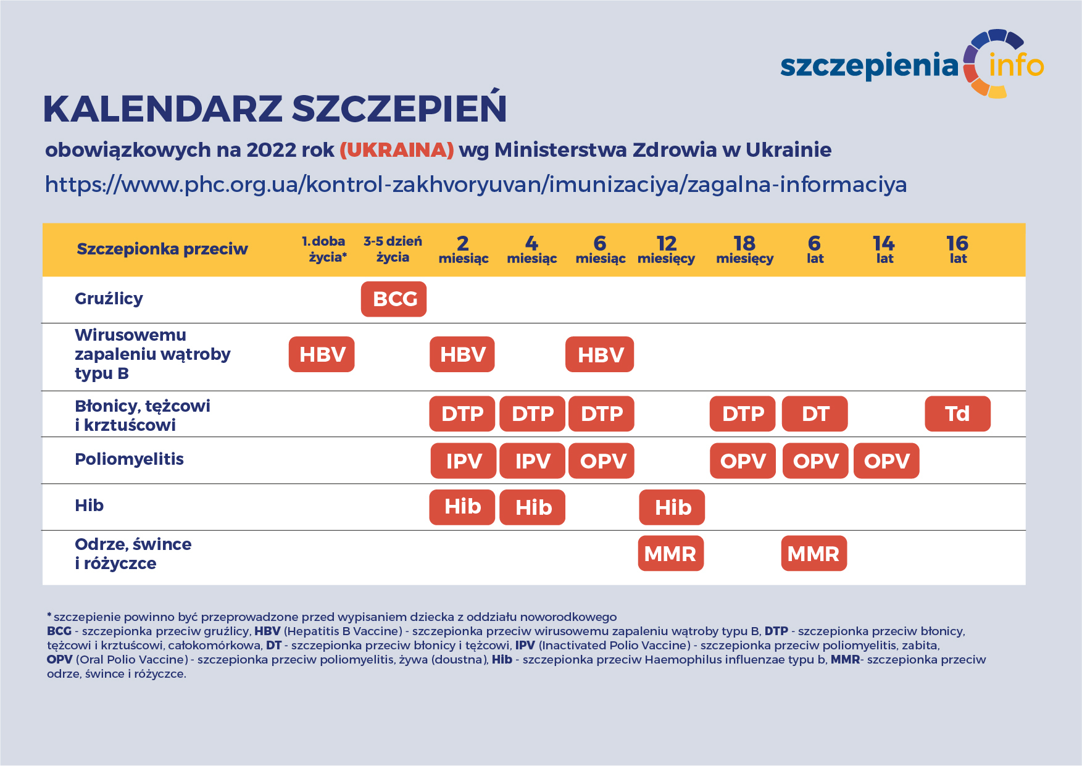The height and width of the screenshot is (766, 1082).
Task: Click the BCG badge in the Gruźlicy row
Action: (394, 299)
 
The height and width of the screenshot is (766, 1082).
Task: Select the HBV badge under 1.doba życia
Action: (322, 354)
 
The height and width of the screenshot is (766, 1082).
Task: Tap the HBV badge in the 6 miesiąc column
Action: (600, 354)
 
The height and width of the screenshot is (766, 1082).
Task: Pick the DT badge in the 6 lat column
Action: (815, 414)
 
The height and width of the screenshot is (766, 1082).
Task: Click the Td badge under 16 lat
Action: (957, 414)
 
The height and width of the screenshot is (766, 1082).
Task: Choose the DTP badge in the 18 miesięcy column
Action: (743, 414)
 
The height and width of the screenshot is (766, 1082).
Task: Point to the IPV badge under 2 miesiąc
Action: (463, 461)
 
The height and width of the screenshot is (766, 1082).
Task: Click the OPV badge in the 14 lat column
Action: (886, 461)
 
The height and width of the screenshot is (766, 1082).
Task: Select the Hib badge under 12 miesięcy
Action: (672, 507)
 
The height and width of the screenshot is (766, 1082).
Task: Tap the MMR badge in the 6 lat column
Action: (814, 554)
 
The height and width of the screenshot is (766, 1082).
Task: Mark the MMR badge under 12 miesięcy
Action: (670, 554)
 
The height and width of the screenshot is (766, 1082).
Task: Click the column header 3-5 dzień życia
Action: (393, 249)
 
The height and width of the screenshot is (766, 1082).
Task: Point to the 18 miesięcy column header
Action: (744, 249)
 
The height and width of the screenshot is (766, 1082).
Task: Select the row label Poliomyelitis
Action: (129, 459)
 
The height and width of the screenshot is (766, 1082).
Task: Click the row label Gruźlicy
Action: (109, 299)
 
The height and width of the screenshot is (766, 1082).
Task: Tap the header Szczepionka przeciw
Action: (162, 249)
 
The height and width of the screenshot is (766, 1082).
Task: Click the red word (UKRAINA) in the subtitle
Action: (397, 150)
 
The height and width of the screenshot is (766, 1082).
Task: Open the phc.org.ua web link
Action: (476, 185)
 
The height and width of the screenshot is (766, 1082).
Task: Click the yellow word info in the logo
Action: (1016, 65)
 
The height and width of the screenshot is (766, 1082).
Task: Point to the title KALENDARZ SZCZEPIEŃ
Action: (275, 109)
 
